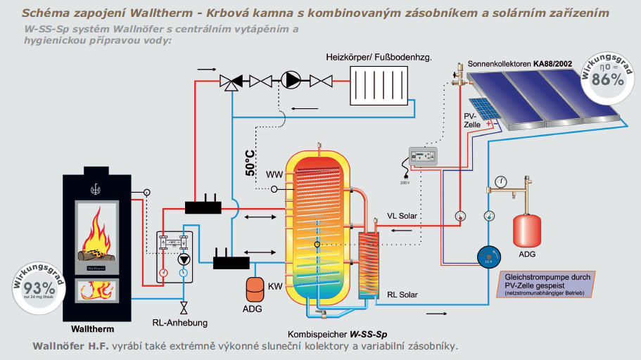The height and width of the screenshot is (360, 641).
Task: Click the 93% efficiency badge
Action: tap(39, 287)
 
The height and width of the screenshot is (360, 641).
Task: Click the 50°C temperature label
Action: tap(250, 162)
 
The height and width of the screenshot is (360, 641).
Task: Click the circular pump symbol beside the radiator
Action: tap(290, 79)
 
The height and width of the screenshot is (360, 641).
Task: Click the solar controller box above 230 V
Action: tap(424, 156)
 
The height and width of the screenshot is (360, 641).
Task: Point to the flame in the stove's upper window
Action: tap(99, 234)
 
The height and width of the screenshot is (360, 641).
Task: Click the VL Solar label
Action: tap(403, 216)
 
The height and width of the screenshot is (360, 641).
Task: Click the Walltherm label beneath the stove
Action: tap(92, 328)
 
